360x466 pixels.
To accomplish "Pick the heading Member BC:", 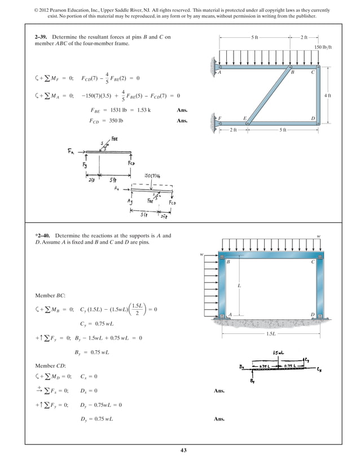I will click(50, 295).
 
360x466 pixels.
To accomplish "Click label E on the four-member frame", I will click(244, 117).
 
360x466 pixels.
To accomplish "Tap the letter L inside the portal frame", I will click(239, 287).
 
